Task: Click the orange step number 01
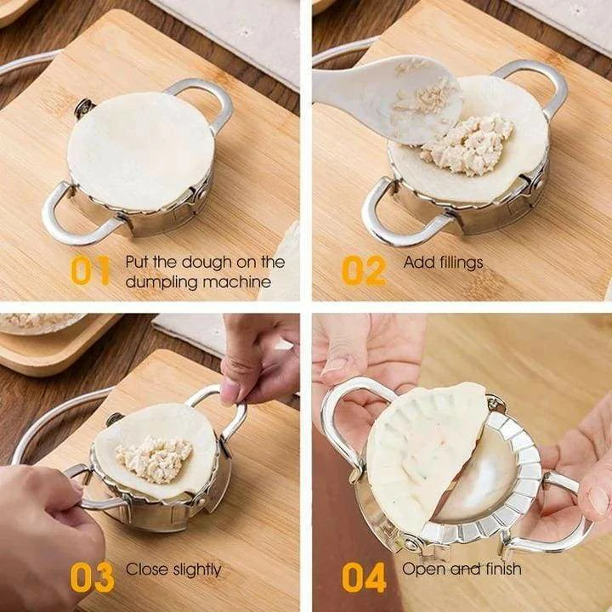91,270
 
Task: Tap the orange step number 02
364,270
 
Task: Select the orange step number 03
92,577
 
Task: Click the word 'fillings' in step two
461,262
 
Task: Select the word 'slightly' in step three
196,569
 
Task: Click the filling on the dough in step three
153,458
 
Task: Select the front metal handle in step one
72,218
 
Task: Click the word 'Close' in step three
146,569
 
